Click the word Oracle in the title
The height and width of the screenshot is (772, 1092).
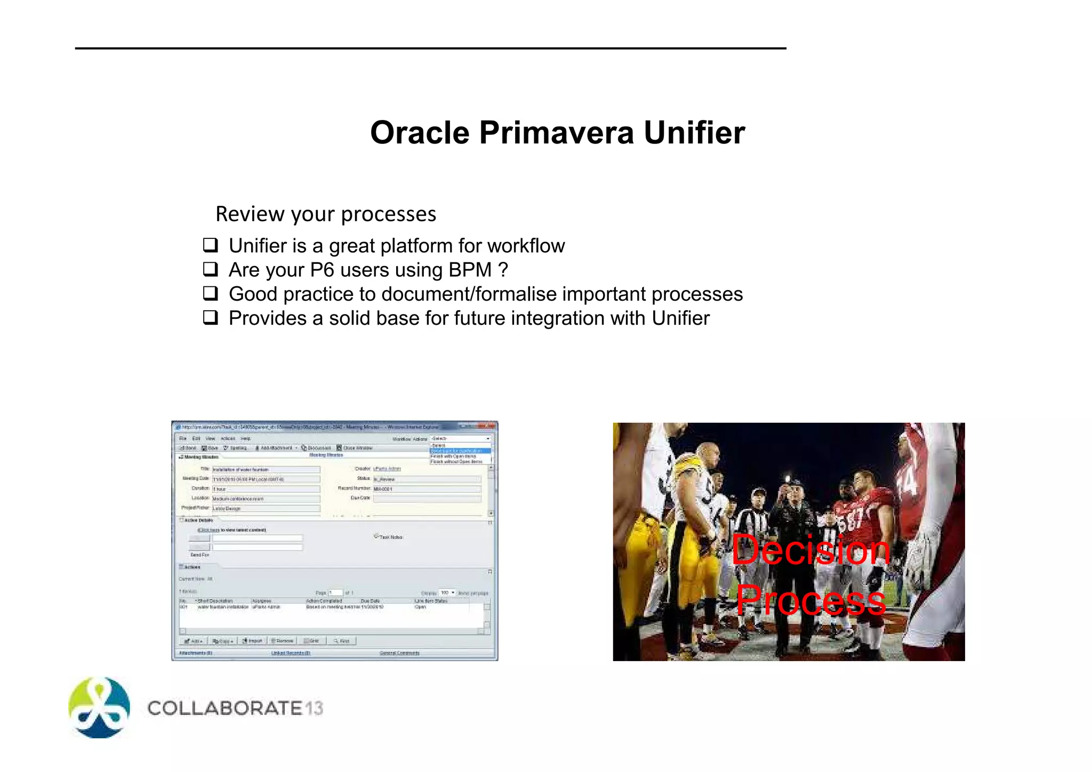point(419,133)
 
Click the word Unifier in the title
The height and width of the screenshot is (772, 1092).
point(694,133)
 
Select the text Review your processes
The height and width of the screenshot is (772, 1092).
point(326,214)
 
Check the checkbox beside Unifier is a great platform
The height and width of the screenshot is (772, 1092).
point(211,245)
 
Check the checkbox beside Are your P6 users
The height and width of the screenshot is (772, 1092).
point(211,269)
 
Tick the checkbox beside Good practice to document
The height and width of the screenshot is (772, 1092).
point(211,293)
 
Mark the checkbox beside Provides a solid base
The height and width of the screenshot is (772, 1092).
point(211,318)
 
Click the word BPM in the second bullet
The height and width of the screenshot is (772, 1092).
point(470,270)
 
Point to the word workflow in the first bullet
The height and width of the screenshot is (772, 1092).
point(526,246)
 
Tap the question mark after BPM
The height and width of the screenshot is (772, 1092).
point(503,270)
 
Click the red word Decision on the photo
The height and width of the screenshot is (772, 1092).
point(810,550)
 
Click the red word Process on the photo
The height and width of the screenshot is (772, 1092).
point(810,600)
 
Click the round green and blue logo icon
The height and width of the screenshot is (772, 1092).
point(100,708)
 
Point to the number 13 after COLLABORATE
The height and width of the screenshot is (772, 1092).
point(315,709)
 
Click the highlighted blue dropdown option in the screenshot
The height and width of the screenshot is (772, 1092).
point(460,451)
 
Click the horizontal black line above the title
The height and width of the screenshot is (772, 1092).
point(430,49)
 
